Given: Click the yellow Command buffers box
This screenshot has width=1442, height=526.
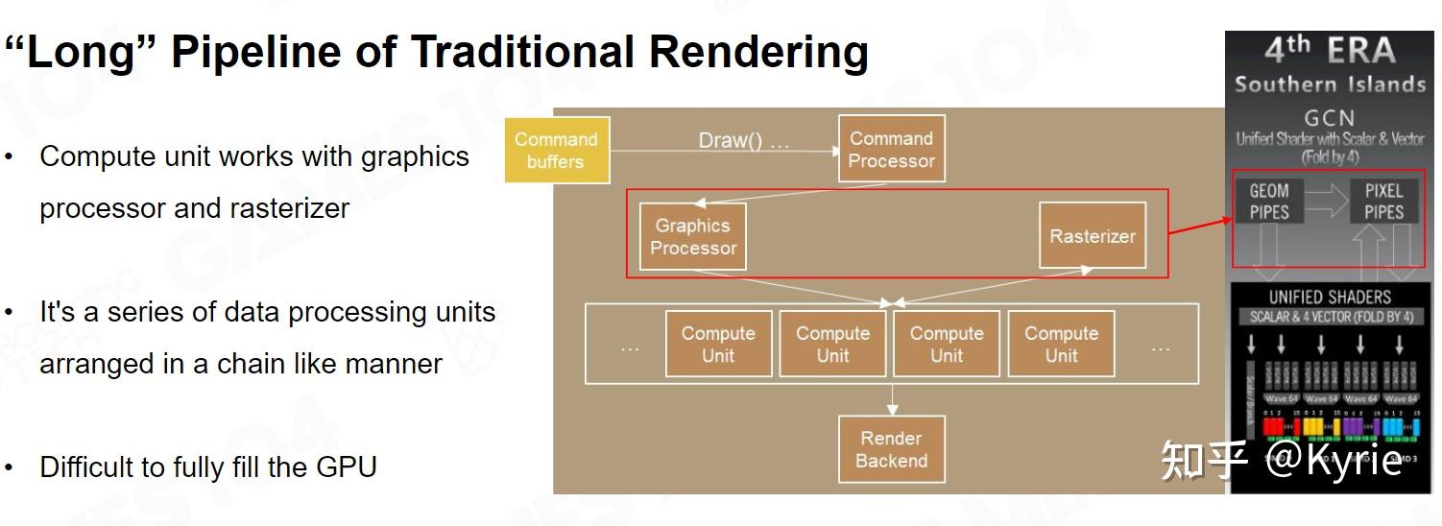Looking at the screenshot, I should [x=556, y=150].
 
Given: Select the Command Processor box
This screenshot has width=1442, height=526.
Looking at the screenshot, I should [x=891, y=149].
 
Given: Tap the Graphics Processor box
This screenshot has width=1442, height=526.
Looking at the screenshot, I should [x=692, y=236].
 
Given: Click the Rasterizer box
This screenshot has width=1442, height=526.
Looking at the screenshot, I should [x=1092, y=235].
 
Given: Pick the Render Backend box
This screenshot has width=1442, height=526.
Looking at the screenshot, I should [x=891, y=449].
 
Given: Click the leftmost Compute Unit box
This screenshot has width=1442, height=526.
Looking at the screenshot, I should [x=718, y=344].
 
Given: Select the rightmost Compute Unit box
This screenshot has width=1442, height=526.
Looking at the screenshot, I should [x=1061, y=344].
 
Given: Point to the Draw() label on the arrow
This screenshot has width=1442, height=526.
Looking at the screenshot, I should [x=743, y=141].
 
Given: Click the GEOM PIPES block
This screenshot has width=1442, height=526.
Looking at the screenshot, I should [x=1268, y=201].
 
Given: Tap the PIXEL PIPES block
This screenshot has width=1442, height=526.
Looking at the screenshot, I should [x=1383, y=201].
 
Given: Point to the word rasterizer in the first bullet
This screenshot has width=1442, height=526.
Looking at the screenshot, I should [x=289, y=208].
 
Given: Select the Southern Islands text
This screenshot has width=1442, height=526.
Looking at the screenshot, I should [x=1330, y=84].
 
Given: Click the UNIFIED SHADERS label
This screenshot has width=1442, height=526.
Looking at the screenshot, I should [x=1330, y=297].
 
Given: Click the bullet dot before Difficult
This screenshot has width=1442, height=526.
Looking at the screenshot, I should [x=9, y=468].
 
